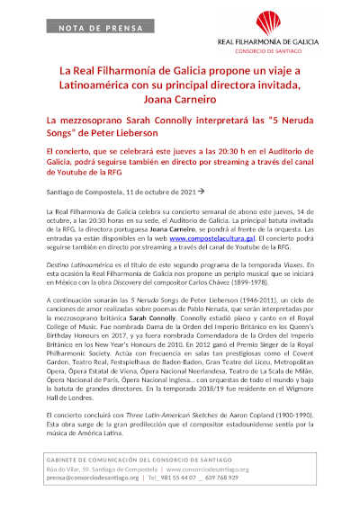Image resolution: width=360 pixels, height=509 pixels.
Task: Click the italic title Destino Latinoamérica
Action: (x=83, y=269)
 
